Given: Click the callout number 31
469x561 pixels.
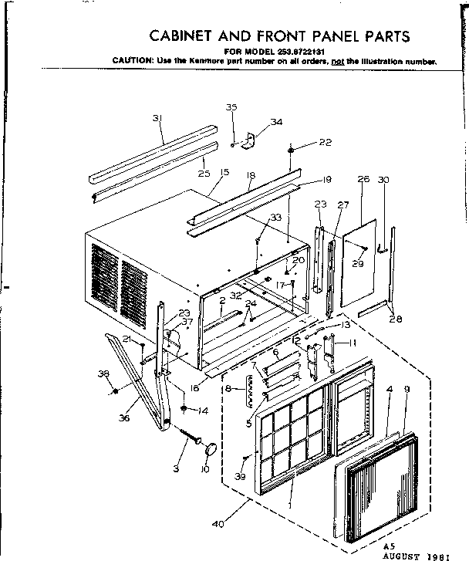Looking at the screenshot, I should pyautogui.click(x=157, y=118).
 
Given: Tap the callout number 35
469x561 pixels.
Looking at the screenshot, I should pyautogui.click(x=231, y=107).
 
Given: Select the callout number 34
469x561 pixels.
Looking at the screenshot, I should pyautogui.click(x=276, y=122).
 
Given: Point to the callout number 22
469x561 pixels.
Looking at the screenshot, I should pyautogui.click(x=325, y=142).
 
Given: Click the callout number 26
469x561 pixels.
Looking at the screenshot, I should pyautogui.click(x=363, y=179).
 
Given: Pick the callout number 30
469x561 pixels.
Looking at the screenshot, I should pyautogui.click(x=383, y=179).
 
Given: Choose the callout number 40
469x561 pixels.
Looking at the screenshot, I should pyautogui.click(x=218, y=526).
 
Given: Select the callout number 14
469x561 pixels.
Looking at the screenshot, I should pyautogui.click(x=204, y=411).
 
